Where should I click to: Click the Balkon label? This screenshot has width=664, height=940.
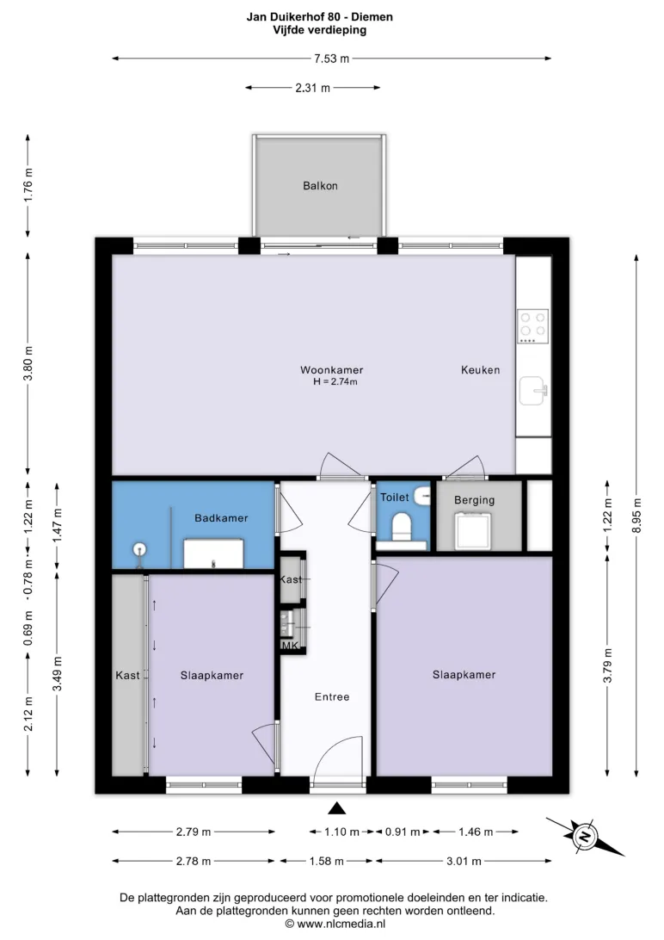pos(320,186)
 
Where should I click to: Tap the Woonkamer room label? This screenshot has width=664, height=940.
pos(332,370)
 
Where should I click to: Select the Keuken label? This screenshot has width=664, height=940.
pos(480,370)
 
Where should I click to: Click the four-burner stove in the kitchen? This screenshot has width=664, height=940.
pos(533,326)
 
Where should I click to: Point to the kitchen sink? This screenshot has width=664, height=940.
pos(533,390)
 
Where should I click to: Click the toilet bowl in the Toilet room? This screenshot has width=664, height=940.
pos(401,527)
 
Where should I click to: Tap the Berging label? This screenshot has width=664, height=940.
pos(474,500)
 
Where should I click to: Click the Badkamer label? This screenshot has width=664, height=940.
pos(221,518)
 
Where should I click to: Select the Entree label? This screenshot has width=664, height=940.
pos(332,696)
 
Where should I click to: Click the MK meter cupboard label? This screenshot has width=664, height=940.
pos(290,646)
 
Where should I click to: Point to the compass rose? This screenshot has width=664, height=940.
pos(584,836)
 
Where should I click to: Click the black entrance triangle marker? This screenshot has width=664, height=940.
pos(337,808)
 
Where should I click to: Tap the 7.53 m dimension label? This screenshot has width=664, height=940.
pos(332,59)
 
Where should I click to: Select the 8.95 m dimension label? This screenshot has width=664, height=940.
pos(636,516)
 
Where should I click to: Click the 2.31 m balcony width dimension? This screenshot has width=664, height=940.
pos(312,88)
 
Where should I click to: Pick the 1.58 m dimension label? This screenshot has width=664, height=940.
pos(326,861)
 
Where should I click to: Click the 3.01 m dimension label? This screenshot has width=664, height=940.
pos(464,861)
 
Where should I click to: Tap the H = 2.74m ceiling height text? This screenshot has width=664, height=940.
pos(335,382)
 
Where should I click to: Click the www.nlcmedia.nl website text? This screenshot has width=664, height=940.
pos(341,924)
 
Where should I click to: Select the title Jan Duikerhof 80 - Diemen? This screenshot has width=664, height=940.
pos(320,17)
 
